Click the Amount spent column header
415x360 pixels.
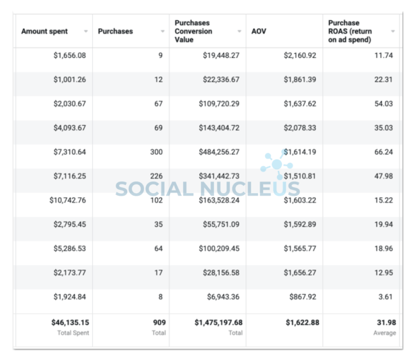click(x=44, y=32)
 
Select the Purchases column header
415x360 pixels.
click(x=116, y=32)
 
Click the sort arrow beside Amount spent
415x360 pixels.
click(x=85, y=32)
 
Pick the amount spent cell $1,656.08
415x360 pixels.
click(x=70, y=56)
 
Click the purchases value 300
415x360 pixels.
click(x=156, y=153)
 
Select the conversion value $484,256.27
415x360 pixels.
click(x=217, y=153)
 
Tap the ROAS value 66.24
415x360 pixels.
click(x=384, y=153)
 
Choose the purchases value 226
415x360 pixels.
click(x=156, y=177)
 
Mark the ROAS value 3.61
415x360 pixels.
click(x=386, y=297)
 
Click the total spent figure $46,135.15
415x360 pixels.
click(x=70, y=323)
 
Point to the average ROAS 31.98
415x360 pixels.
click(x=384, y=323)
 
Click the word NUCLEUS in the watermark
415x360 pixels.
click(x=251, y=189)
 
